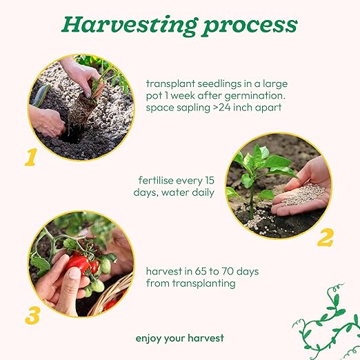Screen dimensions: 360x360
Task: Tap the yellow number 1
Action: (x=31, y=157)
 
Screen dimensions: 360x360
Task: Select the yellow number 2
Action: (x=326, y=237)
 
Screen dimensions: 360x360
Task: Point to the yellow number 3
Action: (x=32, y=315)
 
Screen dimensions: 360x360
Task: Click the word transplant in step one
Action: (x=170, y=84)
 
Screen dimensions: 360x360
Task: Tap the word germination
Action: (x=255, y=96)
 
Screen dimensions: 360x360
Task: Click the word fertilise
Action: (x=156, y=180)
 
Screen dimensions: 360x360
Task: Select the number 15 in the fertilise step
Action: (x=209, y=181)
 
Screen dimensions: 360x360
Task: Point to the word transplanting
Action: (x=204, y=283)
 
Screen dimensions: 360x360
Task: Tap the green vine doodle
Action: (x=326, y=322)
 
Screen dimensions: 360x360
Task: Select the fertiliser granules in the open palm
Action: (x=303, y=194)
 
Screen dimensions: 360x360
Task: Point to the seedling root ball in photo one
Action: (x=79, y=112)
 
